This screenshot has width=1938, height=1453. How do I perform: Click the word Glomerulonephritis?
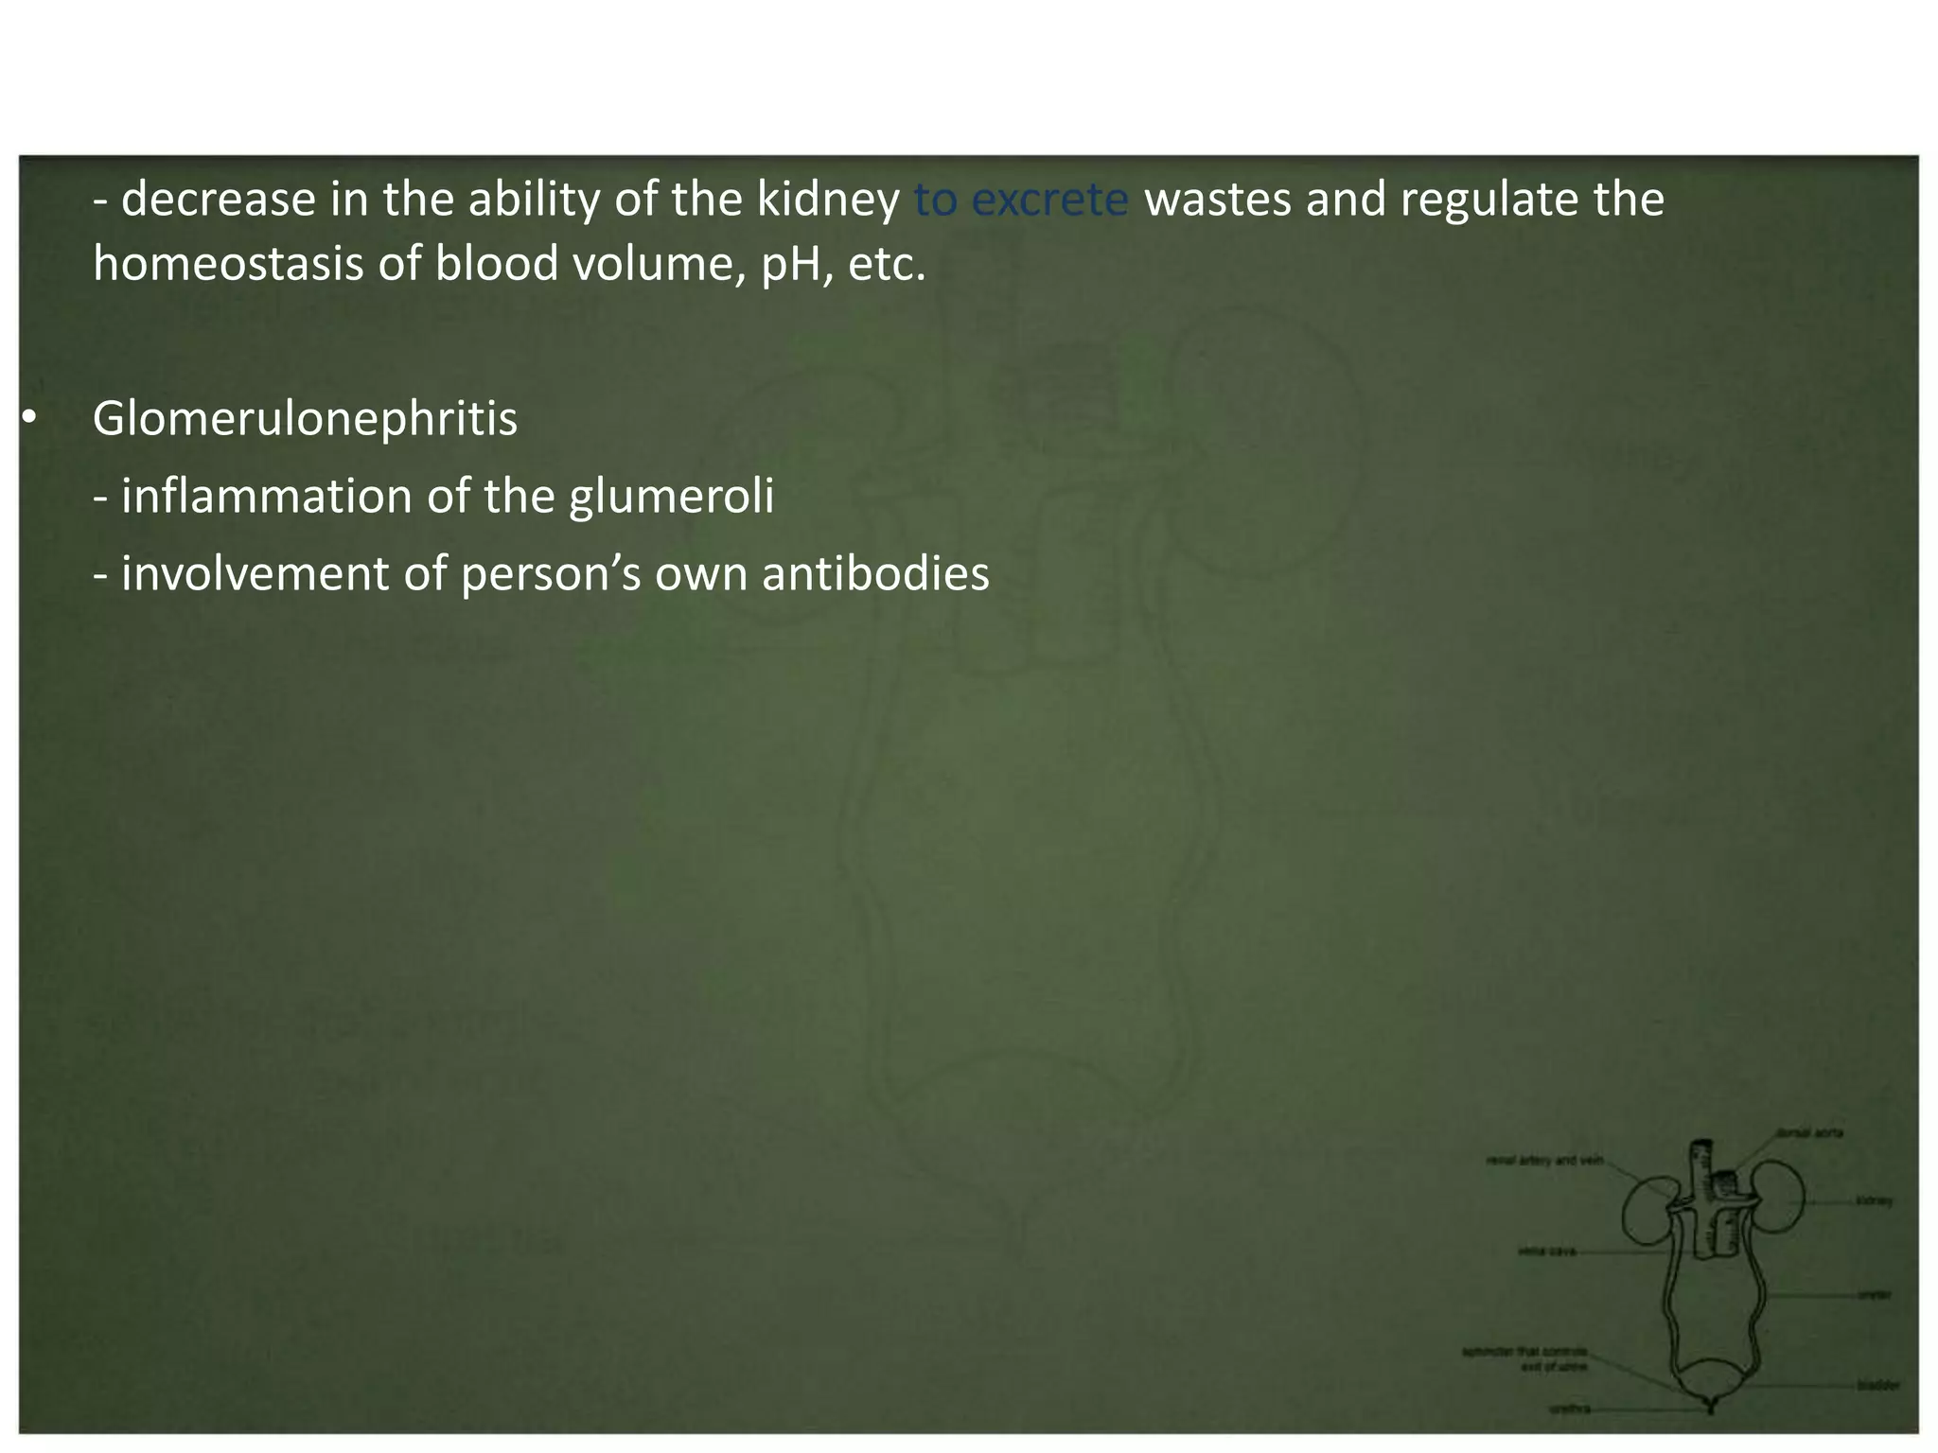[x=305, y=419]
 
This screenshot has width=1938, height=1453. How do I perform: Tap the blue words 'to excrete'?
[x=1021, y=200]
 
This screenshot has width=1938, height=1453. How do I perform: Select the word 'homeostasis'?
[x=228, y=263]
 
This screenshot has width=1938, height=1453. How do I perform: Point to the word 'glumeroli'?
[x=671, y=497]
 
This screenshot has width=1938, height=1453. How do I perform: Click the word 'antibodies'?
[x=875, y=574]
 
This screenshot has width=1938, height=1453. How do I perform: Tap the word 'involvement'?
[x=255, y=574]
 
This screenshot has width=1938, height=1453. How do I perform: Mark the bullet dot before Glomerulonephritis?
[x=29, y=417]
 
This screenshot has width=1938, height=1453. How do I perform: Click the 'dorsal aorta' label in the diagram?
[x=1809, y=1132]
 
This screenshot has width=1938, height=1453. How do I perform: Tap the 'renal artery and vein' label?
[x=1544, y=1160]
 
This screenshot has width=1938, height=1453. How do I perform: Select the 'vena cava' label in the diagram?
[x=1546, y=1252]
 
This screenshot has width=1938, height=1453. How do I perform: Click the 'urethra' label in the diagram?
[x=1570, y=1409]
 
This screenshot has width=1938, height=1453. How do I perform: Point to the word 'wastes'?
[x=1217, y=200]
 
